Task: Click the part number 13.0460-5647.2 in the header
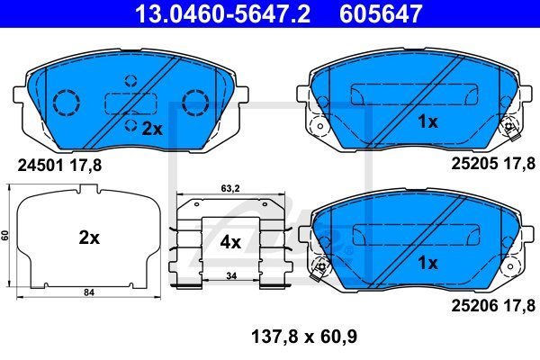coord(223,13)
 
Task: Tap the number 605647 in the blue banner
coord(381,13)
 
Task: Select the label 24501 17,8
coord(59,166)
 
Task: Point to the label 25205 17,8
coord(493,164)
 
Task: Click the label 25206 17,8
coord(493,306)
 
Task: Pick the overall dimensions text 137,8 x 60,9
coord(304,337)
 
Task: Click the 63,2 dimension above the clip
coord(230,188)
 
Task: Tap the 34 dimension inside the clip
coord(231,276)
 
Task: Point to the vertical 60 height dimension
coord(4,236)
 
